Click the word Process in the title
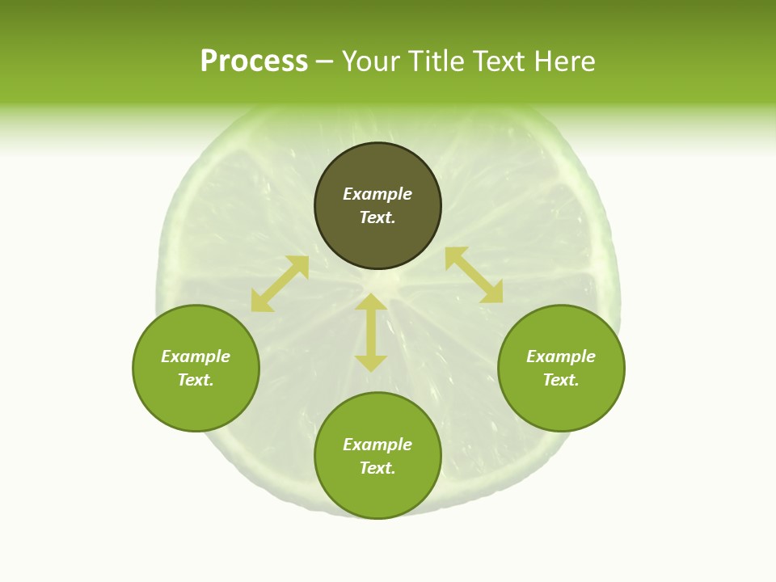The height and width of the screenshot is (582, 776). point(254,61)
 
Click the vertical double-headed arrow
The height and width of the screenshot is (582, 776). point(371,332)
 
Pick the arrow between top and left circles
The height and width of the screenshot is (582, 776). point(280,284)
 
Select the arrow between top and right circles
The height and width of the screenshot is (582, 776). point(474,275)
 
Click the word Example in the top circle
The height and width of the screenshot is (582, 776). point(377,194)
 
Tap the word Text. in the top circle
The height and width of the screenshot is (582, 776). point(377,217)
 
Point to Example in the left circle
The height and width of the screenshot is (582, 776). point(196,356)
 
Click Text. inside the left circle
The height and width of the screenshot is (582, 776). point(196,380)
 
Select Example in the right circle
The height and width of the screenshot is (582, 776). point(561,356)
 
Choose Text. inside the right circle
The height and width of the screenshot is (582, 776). point(561,380)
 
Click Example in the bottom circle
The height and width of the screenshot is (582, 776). point(377,445)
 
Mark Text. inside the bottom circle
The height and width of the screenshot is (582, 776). point(377,468)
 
